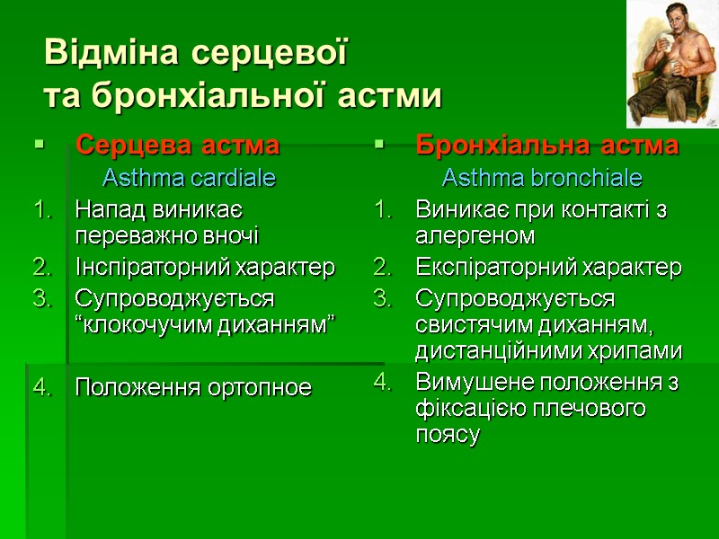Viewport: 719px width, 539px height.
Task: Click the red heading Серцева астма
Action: [x=177, y=145]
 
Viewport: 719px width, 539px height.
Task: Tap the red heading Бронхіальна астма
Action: [x=546, y=145]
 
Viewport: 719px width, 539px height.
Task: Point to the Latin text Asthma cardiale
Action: [x=189, y=178]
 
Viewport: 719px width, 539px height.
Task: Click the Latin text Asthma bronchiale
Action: [x=542, y=178]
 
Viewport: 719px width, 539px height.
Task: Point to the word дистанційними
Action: [x=496, y=350]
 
